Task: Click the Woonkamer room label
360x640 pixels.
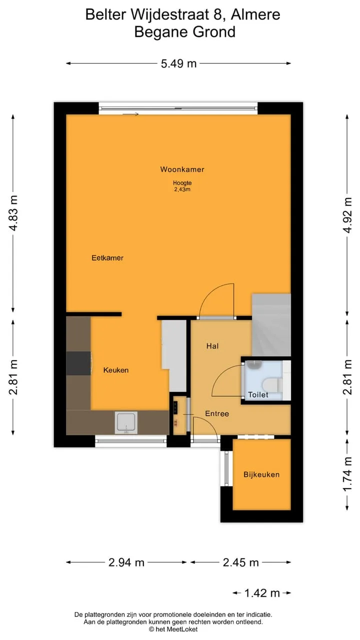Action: [x=182, y=169]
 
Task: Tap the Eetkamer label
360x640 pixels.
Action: [x=107, y=257]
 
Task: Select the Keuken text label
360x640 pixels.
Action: [x=115, y=370]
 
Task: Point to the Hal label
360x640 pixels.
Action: [x=212, y=346]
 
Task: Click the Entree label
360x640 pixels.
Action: [x=217, y=413]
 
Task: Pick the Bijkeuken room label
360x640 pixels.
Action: [x=261, y=474]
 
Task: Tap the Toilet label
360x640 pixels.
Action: [x=258, y=394]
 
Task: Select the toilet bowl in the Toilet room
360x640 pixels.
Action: [x=270, y=385]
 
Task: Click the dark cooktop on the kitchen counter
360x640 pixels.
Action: [x=79, y=363]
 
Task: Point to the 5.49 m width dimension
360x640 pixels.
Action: [x=178, y=63]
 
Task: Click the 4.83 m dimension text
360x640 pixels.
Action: [x=13, y=213]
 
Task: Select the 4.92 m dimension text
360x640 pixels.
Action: [x=347, y=215]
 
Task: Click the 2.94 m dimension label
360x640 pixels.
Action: [x=126, y=562]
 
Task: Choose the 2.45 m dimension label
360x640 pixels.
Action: [x=240, y=562]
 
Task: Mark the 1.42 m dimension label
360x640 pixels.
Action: [x=262, y=593]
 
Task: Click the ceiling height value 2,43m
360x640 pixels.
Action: [x=182, y=189]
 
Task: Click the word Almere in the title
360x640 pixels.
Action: [x=255, y=14]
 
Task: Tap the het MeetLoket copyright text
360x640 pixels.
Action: [x=173, y=629]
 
